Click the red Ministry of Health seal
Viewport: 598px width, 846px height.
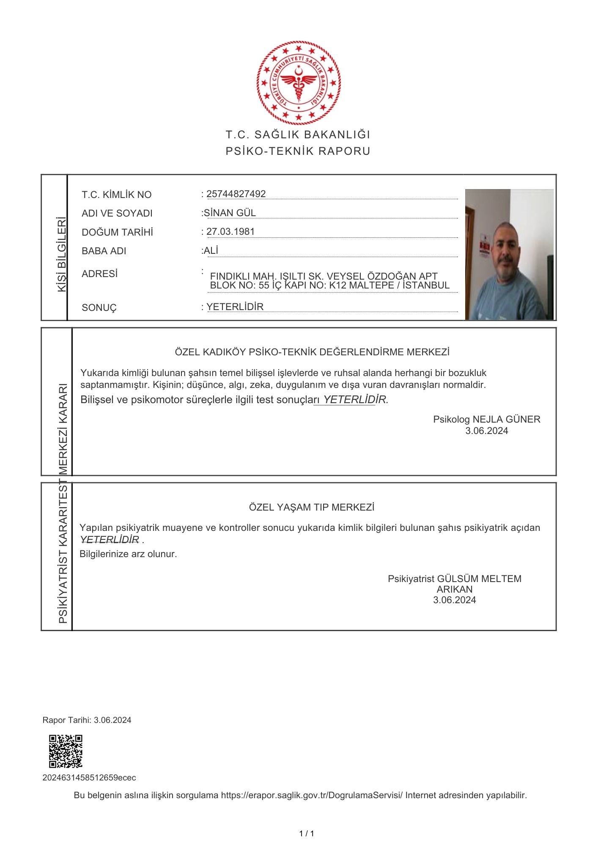(x=299, y=83)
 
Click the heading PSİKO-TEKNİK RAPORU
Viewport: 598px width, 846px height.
(x=298, y=151)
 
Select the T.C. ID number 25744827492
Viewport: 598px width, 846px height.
(x=236, y=194)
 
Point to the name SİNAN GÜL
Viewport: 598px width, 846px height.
(x=230, y=213)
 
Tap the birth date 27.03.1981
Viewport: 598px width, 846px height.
(x=230, y=231)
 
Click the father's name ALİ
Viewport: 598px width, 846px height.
(x=211, y=250)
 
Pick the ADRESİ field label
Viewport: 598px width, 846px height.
(x=100, y=274)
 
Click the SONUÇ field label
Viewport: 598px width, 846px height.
(x=99, y=308)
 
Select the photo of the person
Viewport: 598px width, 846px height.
(x=509, y=254)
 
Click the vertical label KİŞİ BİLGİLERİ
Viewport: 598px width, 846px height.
(x=62, y=254)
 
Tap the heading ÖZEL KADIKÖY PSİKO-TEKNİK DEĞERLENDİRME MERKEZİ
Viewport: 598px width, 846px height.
(x=312, y=352)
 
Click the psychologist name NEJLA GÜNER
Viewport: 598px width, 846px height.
(x=506, y=419)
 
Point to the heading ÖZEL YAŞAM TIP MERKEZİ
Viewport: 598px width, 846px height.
(x=312, y=507)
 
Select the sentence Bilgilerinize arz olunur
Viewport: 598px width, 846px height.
(x=128, y=554)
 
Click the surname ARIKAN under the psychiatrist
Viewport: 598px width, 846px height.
(x=455, y=589)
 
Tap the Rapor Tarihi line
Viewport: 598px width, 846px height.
(x=87, y=720)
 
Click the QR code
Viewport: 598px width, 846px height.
(x=66, y=752)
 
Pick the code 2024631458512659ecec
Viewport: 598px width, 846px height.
(x=89, y=777)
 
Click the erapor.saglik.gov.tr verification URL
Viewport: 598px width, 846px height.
(x=312, y=795)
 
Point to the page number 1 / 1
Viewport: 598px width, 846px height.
(x=307, y=834)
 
